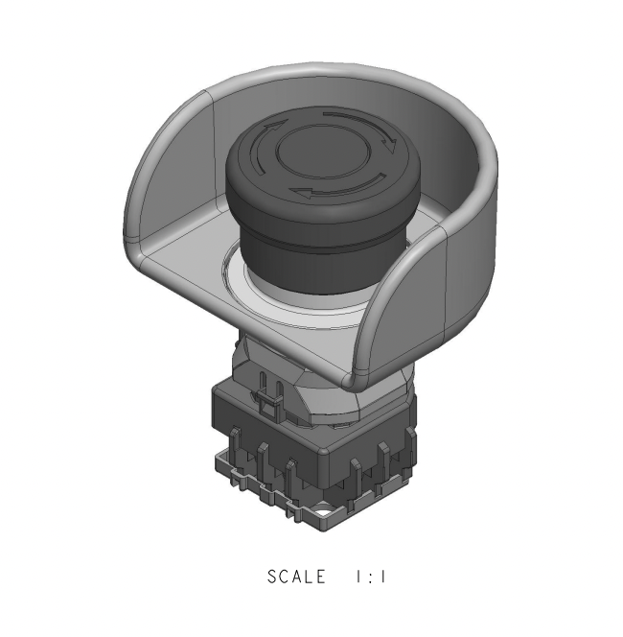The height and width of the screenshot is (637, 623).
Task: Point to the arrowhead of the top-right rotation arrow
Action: pos(391,145)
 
